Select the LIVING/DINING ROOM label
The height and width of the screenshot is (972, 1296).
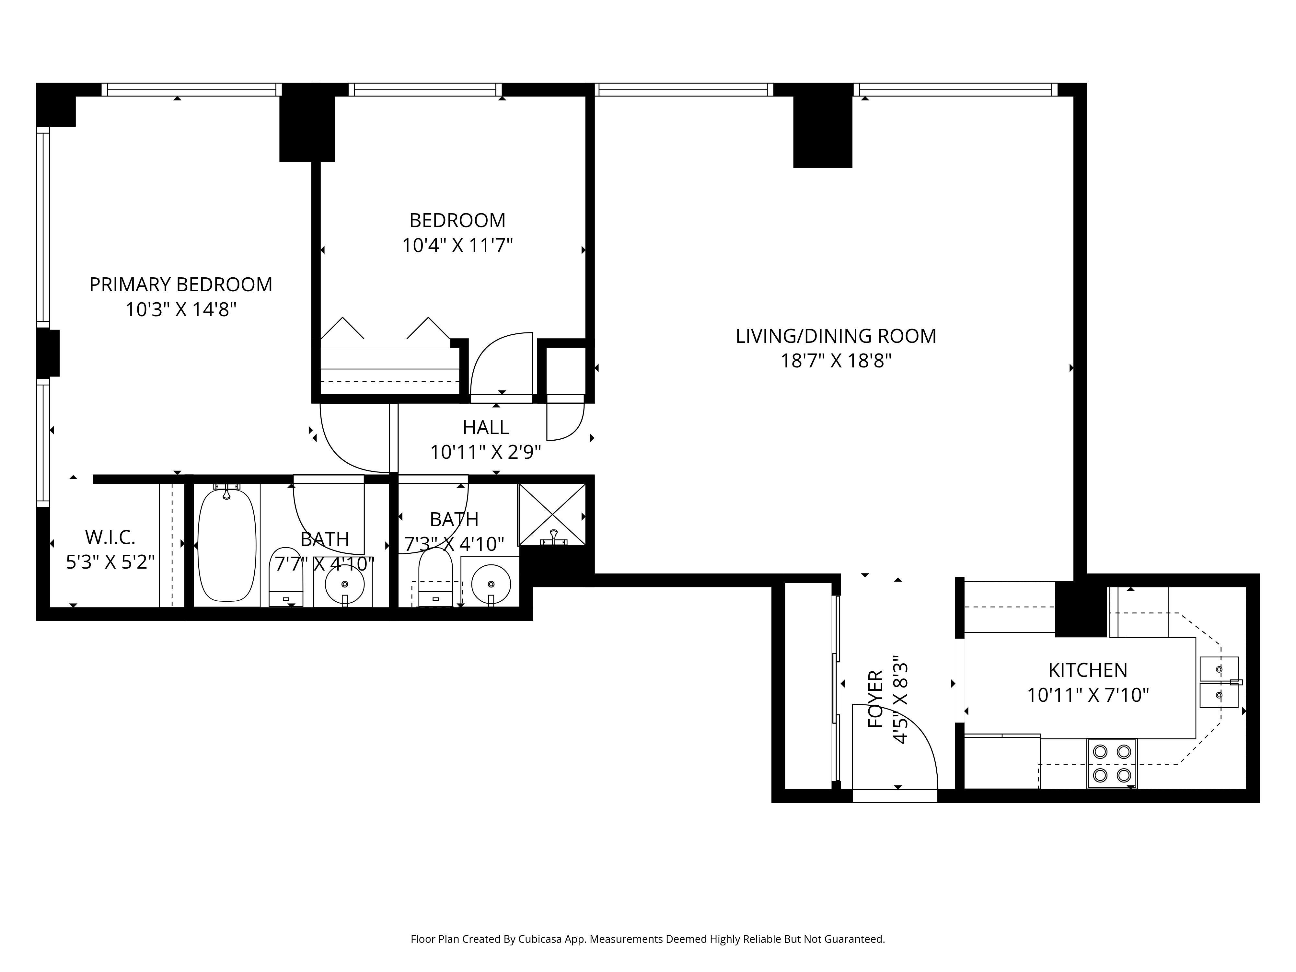pyautogui.click(x=836, y=336)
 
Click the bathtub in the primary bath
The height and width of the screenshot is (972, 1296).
pyautogui.click(x=227, y=545)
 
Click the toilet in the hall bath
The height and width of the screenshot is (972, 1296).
pyautogui.click(x=435, y=577)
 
